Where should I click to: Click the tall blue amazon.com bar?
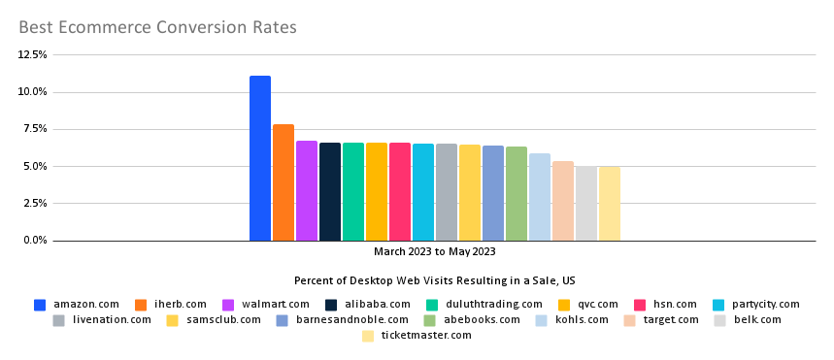259,158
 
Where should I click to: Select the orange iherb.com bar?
283,182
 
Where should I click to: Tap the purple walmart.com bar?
306,190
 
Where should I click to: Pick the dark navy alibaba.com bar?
329,191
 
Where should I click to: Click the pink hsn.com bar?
399,191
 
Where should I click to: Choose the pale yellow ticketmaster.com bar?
609,203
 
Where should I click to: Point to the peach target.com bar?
562,201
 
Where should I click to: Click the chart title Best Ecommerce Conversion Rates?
157,26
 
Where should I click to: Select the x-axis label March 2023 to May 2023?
434,251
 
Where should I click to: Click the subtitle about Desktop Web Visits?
434,280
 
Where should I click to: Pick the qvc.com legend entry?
592,305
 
